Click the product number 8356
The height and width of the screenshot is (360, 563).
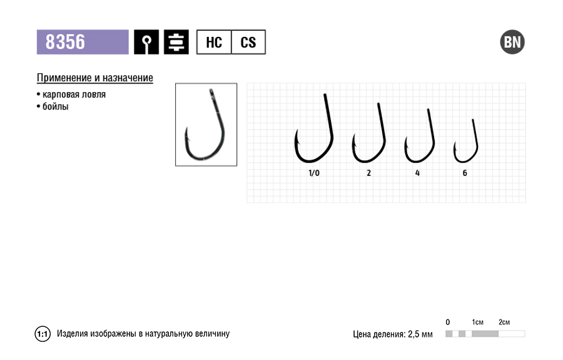pos(65,42)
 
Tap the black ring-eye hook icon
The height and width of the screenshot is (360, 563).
pos(146,42)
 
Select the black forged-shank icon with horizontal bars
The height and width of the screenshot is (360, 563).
pos(176,42)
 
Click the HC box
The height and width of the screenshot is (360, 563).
pos(214,42)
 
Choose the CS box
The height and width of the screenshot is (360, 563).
pos(248,42)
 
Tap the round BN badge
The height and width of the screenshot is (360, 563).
pos(512,42)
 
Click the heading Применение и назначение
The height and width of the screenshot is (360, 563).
pos(95,78)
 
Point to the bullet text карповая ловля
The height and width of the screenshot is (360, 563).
pos(74,95)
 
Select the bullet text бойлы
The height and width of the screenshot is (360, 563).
pos(55,106)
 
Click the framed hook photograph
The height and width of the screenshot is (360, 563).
pos(206,125)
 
